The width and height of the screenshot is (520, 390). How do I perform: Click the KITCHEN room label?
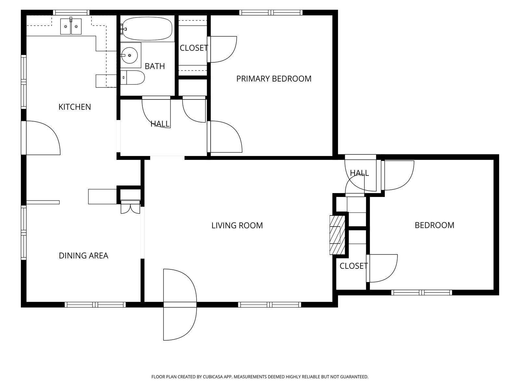(75, 107)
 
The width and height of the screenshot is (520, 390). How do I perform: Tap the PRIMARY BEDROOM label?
(274, 79)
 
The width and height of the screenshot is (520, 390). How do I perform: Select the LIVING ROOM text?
(237, 226)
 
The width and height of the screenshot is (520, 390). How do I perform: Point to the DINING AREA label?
(84, 255)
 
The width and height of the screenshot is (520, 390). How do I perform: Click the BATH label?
(155, 66)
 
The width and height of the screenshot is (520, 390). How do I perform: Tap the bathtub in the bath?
(147, 29)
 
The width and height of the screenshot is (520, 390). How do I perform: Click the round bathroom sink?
(129, 55)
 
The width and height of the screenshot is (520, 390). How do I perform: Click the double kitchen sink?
(71, 26)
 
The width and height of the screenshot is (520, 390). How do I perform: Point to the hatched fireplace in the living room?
(337, 235)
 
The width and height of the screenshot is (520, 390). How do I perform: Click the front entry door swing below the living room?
(180, 305)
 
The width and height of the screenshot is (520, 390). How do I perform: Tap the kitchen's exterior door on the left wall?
(41, 138)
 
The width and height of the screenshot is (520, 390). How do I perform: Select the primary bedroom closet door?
(222, 49)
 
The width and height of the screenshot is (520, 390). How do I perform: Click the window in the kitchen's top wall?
(71, 13)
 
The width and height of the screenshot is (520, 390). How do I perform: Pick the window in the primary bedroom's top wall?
(271, 13)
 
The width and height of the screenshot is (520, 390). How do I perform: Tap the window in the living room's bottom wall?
(270, 305)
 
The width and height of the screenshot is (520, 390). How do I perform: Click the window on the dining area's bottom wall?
(95, 305)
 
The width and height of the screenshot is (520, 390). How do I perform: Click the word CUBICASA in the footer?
(213, 377)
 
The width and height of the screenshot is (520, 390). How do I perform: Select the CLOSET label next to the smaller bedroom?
(354, 266)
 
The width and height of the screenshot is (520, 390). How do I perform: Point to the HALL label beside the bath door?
(160, 124)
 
